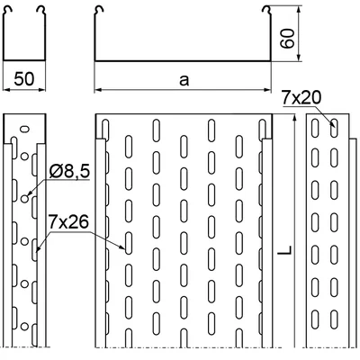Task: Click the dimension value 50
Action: (x=24, y=79)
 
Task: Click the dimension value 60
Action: (x=287, y=39)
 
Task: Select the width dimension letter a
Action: (x=184, y=80)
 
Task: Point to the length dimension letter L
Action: (x=284, y=250)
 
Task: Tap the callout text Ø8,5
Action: (x=69, y=173)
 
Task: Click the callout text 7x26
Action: (x=68, y=222)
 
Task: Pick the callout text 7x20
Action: (x=301, y=98)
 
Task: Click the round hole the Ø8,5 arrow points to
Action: (x=24, y=199)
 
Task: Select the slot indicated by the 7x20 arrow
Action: (x=334, y=128)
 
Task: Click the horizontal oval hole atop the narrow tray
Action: (x=24, y=130)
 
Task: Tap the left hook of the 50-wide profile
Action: (x=8, y=11)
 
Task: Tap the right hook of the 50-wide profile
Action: (x=40, y=11)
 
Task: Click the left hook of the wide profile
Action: (x=99, y=11)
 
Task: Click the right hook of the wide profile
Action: (x=266, y=11)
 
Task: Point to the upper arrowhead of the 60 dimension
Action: (x=298, y=10)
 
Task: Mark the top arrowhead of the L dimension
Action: (x=295, y=119)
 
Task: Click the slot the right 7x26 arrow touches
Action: (x=129, y=243)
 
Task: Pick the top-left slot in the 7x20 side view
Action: (x=315, y=128)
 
